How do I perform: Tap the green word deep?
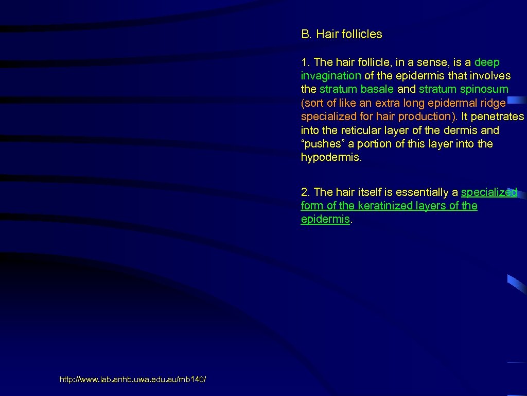(487, 62)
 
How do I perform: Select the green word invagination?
(331, 76)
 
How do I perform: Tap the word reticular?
(358, 130)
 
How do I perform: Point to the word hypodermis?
(331, 157)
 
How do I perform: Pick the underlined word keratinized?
(383, 206)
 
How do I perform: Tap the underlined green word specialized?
(489, 192)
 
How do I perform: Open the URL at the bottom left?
(133, 380)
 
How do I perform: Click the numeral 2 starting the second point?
(304, 192)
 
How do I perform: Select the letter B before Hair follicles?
(305, 35)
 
